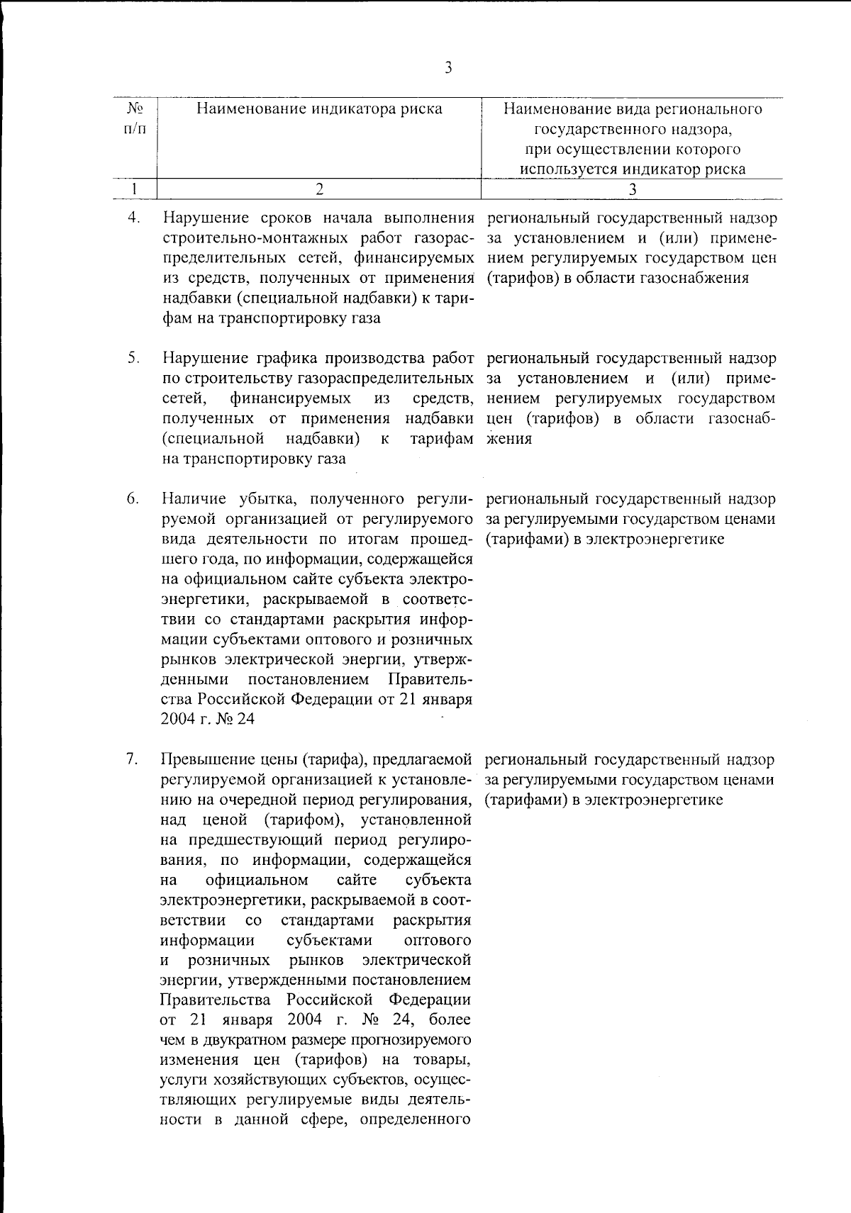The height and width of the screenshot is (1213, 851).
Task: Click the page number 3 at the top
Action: (x=448, y=69)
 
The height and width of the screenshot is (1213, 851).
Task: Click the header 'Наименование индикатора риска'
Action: (x=319, y=108)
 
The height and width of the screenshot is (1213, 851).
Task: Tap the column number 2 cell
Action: (x=319, y=189)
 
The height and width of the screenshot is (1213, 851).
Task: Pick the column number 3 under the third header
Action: (x=633, y=189)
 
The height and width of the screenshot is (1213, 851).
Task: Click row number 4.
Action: (x=133, y=217)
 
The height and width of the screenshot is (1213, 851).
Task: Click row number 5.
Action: (x=133, y=358)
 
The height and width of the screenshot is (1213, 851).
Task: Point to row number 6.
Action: (x=133, y=498)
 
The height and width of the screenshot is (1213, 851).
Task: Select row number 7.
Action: (x=133, y=759)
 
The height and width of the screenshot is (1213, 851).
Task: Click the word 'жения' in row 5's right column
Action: (x=509, y=439)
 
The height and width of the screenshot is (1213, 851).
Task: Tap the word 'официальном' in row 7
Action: (x=256, y=881)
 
